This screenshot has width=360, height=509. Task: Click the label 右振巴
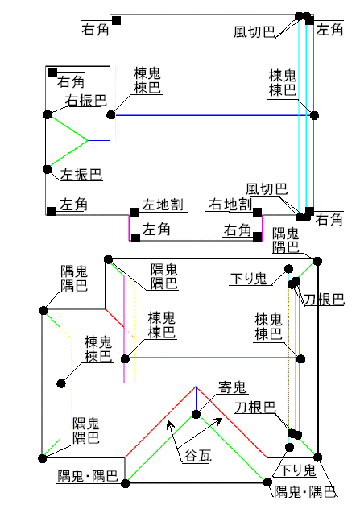[86, 101]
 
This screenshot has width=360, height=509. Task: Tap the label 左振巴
[81, 175]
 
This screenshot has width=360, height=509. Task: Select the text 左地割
[163, 205]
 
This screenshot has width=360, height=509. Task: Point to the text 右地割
[230, 205]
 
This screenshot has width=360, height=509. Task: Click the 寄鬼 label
[232, 387]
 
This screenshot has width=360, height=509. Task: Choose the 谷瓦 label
[197, 456]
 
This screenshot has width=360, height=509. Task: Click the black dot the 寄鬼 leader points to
[196, 414]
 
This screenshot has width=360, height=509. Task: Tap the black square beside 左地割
[134, 213]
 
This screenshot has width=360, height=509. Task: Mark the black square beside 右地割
[258, 213]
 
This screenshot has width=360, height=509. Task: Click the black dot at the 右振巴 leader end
[48, 114]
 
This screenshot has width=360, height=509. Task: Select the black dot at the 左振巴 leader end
[47, 169]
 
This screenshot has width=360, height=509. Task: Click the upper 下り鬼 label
[248, 279]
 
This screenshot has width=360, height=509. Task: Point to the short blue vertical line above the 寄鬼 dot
[196, 399]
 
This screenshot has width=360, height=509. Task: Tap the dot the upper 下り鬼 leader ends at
[288, 269]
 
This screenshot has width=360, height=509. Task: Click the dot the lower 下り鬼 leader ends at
[289, 447]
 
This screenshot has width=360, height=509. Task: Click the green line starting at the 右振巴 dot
[68, 127]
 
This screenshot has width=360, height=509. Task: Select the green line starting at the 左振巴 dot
[68, 155]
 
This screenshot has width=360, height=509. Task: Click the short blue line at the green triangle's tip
[99, 141]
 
